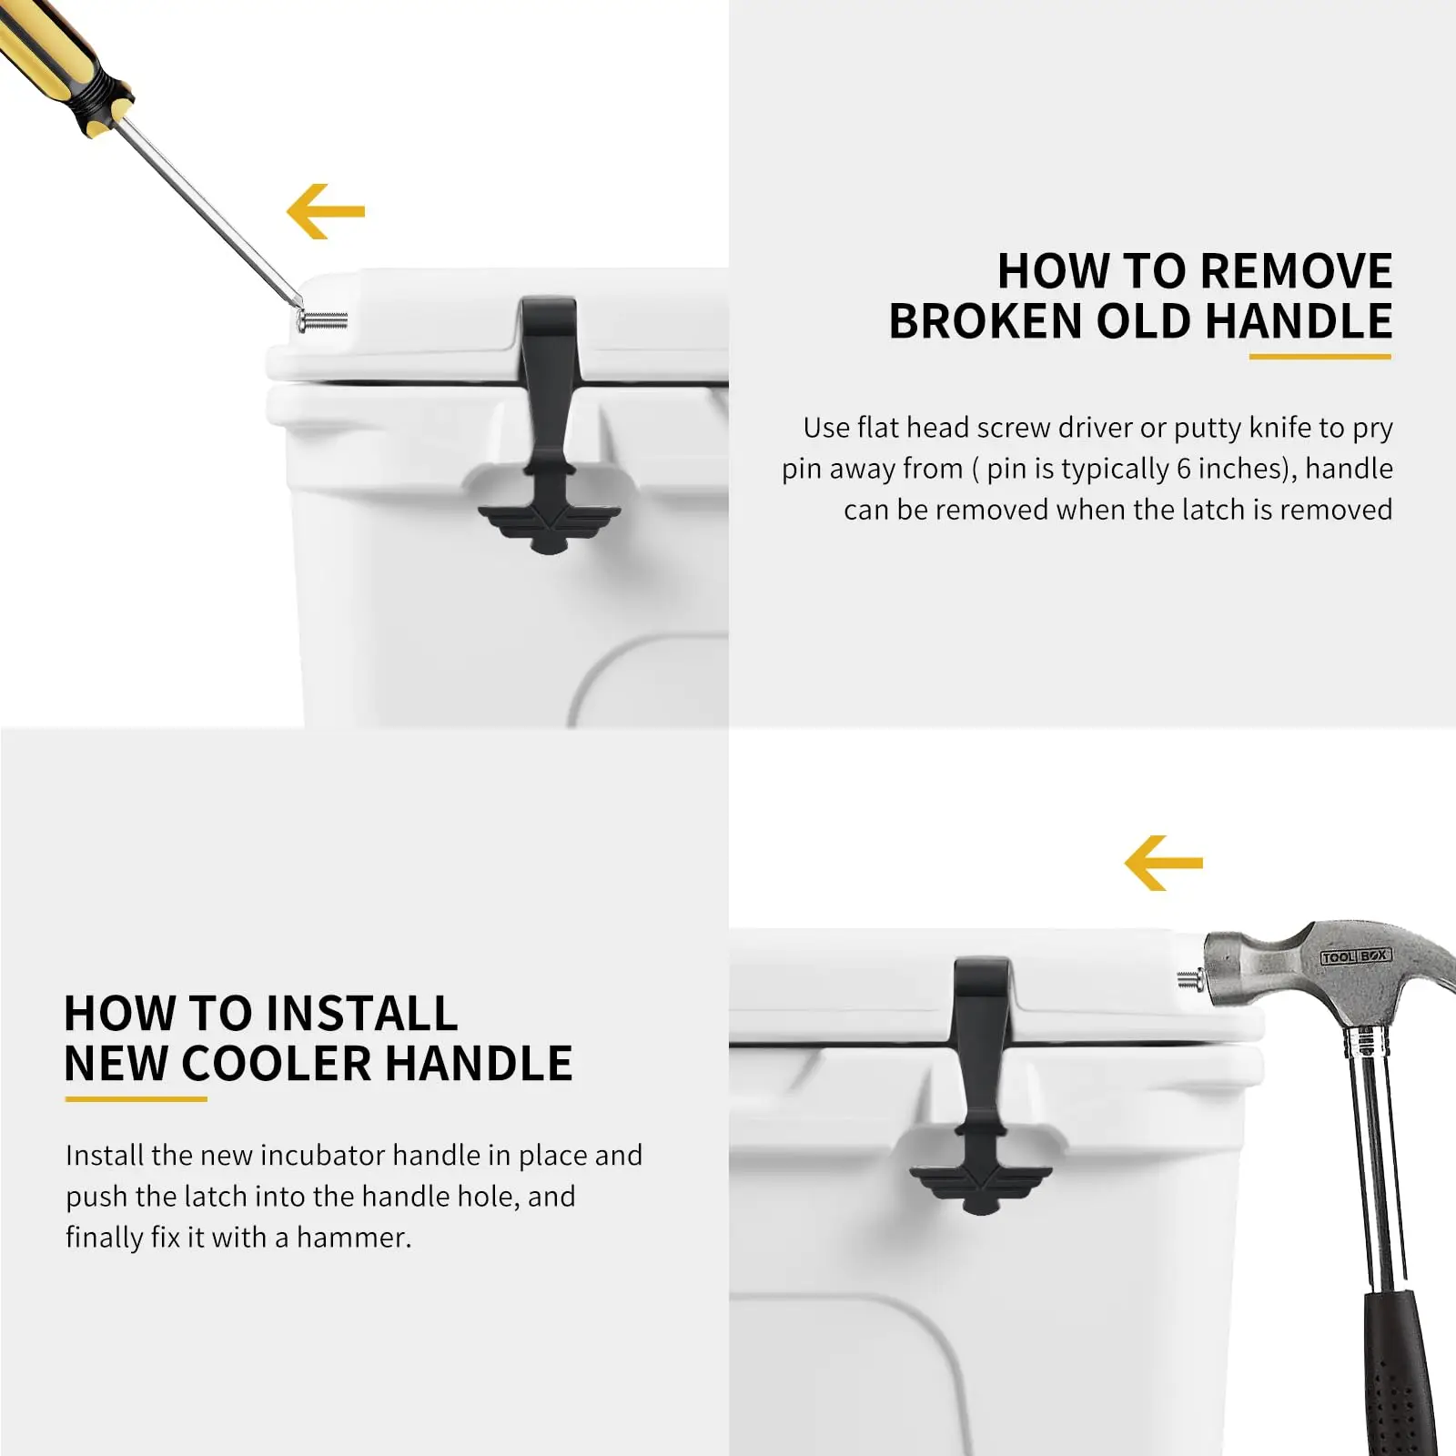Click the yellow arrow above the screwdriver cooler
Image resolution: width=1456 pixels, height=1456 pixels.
pos(325,211)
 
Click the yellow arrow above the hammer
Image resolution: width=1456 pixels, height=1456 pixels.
pos(1163,863)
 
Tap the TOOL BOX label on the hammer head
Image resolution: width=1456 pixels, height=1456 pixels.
pos(1355,956)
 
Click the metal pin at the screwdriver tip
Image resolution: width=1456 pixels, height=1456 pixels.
pos(324,320)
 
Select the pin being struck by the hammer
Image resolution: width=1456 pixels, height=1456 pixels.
pos(1188,980)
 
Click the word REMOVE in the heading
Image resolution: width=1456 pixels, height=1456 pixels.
pos(1296,271)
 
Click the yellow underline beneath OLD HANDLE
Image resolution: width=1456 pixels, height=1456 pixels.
pos(1319,356)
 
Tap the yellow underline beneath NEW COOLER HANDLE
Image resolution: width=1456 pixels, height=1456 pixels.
pos(136,1098)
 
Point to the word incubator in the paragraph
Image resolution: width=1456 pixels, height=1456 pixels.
pos(323,1155)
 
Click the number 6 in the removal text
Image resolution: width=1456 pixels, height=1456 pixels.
pos(1183,469)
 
